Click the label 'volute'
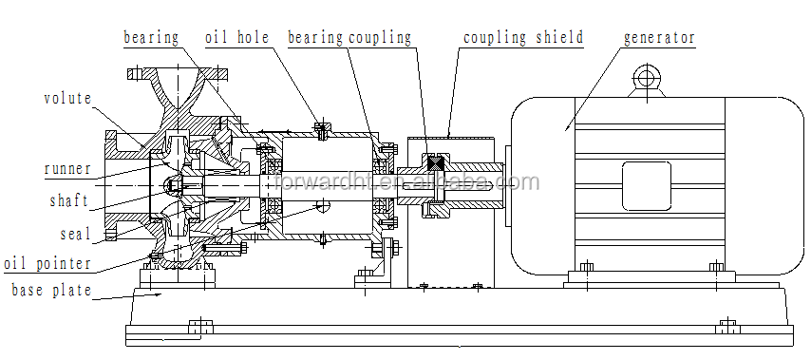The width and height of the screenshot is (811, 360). coord(67,98)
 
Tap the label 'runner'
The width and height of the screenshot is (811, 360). coord(67,168)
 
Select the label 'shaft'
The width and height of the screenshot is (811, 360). coord(68,200)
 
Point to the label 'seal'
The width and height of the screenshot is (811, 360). coord(76,234)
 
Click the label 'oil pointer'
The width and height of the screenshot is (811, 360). coord(47,264)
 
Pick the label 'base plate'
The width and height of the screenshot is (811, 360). coord(51,290)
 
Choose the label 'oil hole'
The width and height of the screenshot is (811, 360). coord(237,37)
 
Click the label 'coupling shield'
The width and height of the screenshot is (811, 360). coord(523,38)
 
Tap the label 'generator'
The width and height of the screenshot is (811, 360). coord(659,38)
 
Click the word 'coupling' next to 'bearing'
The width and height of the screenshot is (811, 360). coord(380,38)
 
